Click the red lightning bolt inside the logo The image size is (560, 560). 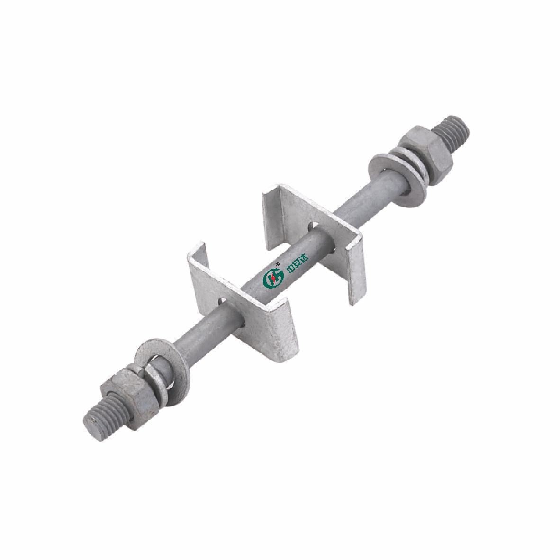coord(273,279)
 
